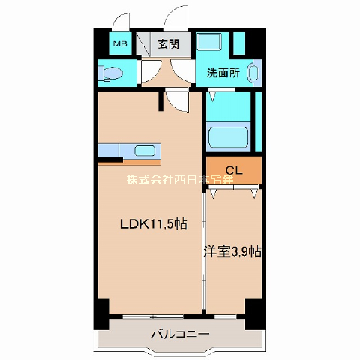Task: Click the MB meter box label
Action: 120,44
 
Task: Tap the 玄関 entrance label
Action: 169,44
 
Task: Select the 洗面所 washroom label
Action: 223,73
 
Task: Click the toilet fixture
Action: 110,73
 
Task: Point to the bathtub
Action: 228,137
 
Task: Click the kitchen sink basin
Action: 145,151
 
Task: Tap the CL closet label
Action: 234,170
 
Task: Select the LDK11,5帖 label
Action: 154,224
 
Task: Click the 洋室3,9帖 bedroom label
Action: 233,252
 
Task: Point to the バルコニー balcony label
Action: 180,334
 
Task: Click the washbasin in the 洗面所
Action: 253,73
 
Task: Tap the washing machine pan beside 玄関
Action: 208,41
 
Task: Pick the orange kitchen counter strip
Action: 129,163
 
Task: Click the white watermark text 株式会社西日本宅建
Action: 180,179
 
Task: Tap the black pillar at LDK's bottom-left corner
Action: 102,313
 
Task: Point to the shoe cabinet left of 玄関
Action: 143,44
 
